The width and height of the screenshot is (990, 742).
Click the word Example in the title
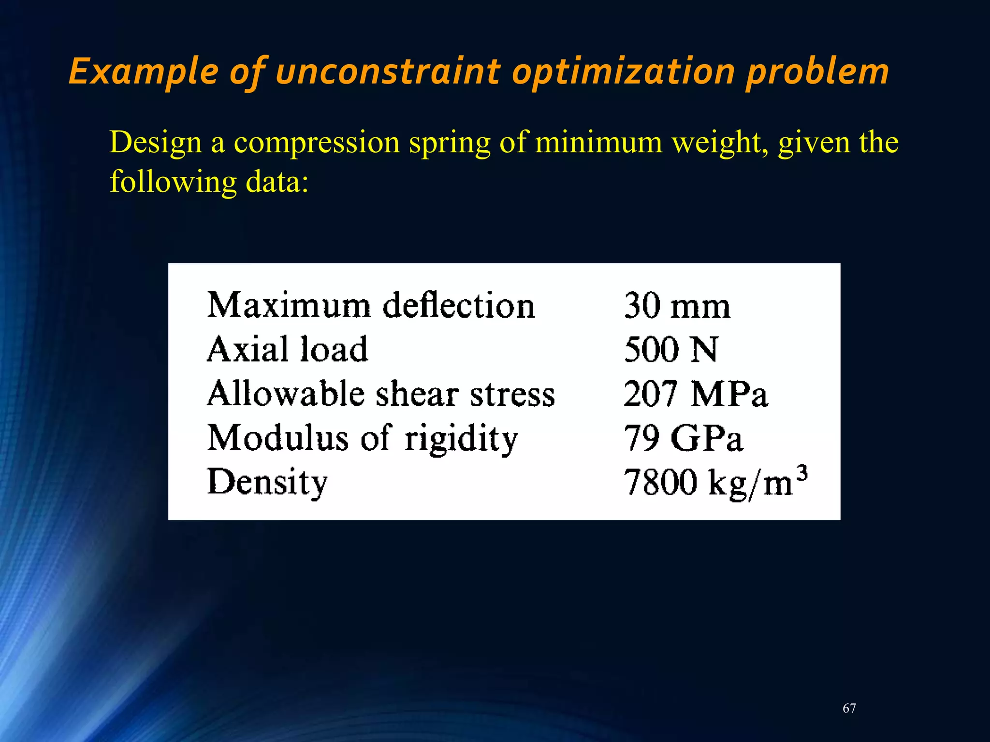coord(144,71)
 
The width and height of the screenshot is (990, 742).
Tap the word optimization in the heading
coord(624,71)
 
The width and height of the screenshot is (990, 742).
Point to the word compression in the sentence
coord(317,143)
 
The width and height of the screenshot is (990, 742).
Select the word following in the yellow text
coord(173,183)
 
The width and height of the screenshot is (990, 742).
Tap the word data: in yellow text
coord(277,182)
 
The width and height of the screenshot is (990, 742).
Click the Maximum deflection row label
coord(371,306)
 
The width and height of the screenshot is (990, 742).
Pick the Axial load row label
coord(287,349)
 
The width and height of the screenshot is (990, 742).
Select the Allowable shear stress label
coord(381,394)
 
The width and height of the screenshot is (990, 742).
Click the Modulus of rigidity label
coord(363,438)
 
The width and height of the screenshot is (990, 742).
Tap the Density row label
coord(267,482)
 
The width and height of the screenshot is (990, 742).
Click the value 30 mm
coord(677,306)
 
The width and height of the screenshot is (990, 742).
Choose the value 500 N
coord(670,349)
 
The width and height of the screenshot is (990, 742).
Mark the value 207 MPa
coord(695,394)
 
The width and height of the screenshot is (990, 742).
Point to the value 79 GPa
coord(683,438)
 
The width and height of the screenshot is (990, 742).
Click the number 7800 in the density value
coord(660,482)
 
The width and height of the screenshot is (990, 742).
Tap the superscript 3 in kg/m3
coord(801,473)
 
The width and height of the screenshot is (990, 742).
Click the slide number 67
coord(849,708)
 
